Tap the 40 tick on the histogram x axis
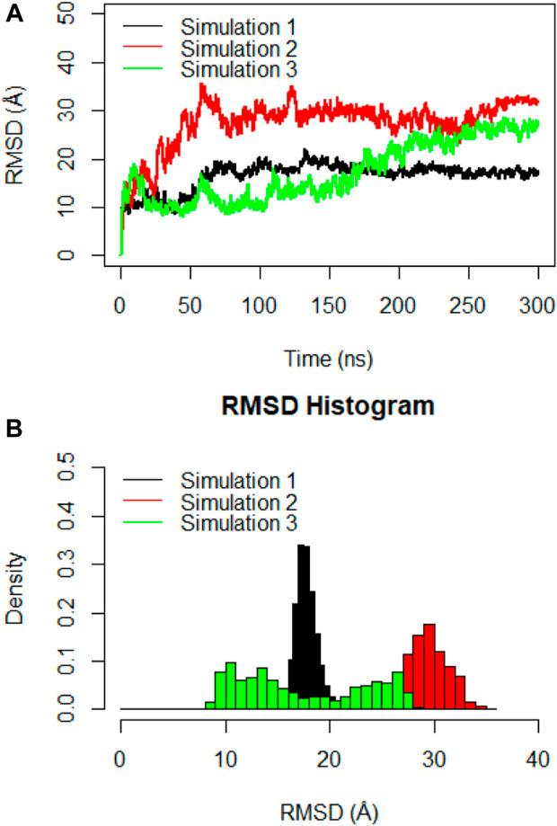click(537, 751)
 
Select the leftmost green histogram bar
click(209, 706)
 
